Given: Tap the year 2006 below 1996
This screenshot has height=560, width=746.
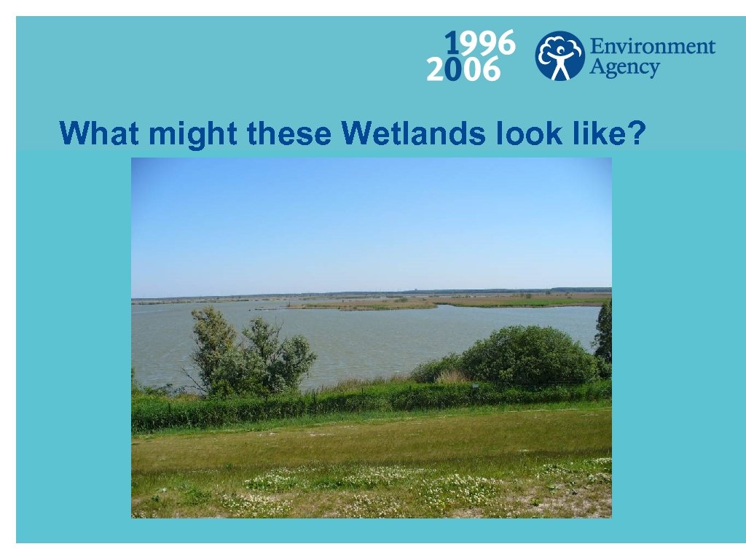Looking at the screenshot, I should [463, 70].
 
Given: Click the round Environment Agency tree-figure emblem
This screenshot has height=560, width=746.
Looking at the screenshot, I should [559, 55].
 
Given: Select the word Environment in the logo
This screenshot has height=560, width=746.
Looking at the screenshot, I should [652, 47].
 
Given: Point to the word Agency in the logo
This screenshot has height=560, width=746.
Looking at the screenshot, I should [624, 68].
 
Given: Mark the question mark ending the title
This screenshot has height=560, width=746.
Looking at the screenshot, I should [637, 133].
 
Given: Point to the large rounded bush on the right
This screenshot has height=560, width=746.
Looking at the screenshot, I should [528, 355].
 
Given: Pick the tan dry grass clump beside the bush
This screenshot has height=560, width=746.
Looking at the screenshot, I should [452, 376].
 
